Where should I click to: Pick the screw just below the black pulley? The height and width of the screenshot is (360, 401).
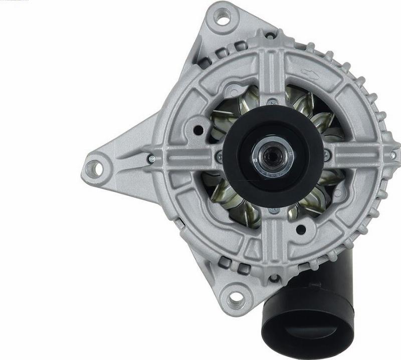click(x=273, y=211)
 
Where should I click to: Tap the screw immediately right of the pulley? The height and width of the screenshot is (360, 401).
click(x=327, y=156)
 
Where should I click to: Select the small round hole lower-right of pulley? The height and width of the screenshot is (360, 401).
click(x=302, y=231)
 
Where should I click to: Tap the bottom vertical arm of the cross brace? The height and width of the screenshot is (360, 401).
click(x=273, y=245)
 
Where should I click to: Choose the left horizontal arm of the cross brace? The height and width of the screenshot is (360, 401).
click(x=185, y=158)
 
